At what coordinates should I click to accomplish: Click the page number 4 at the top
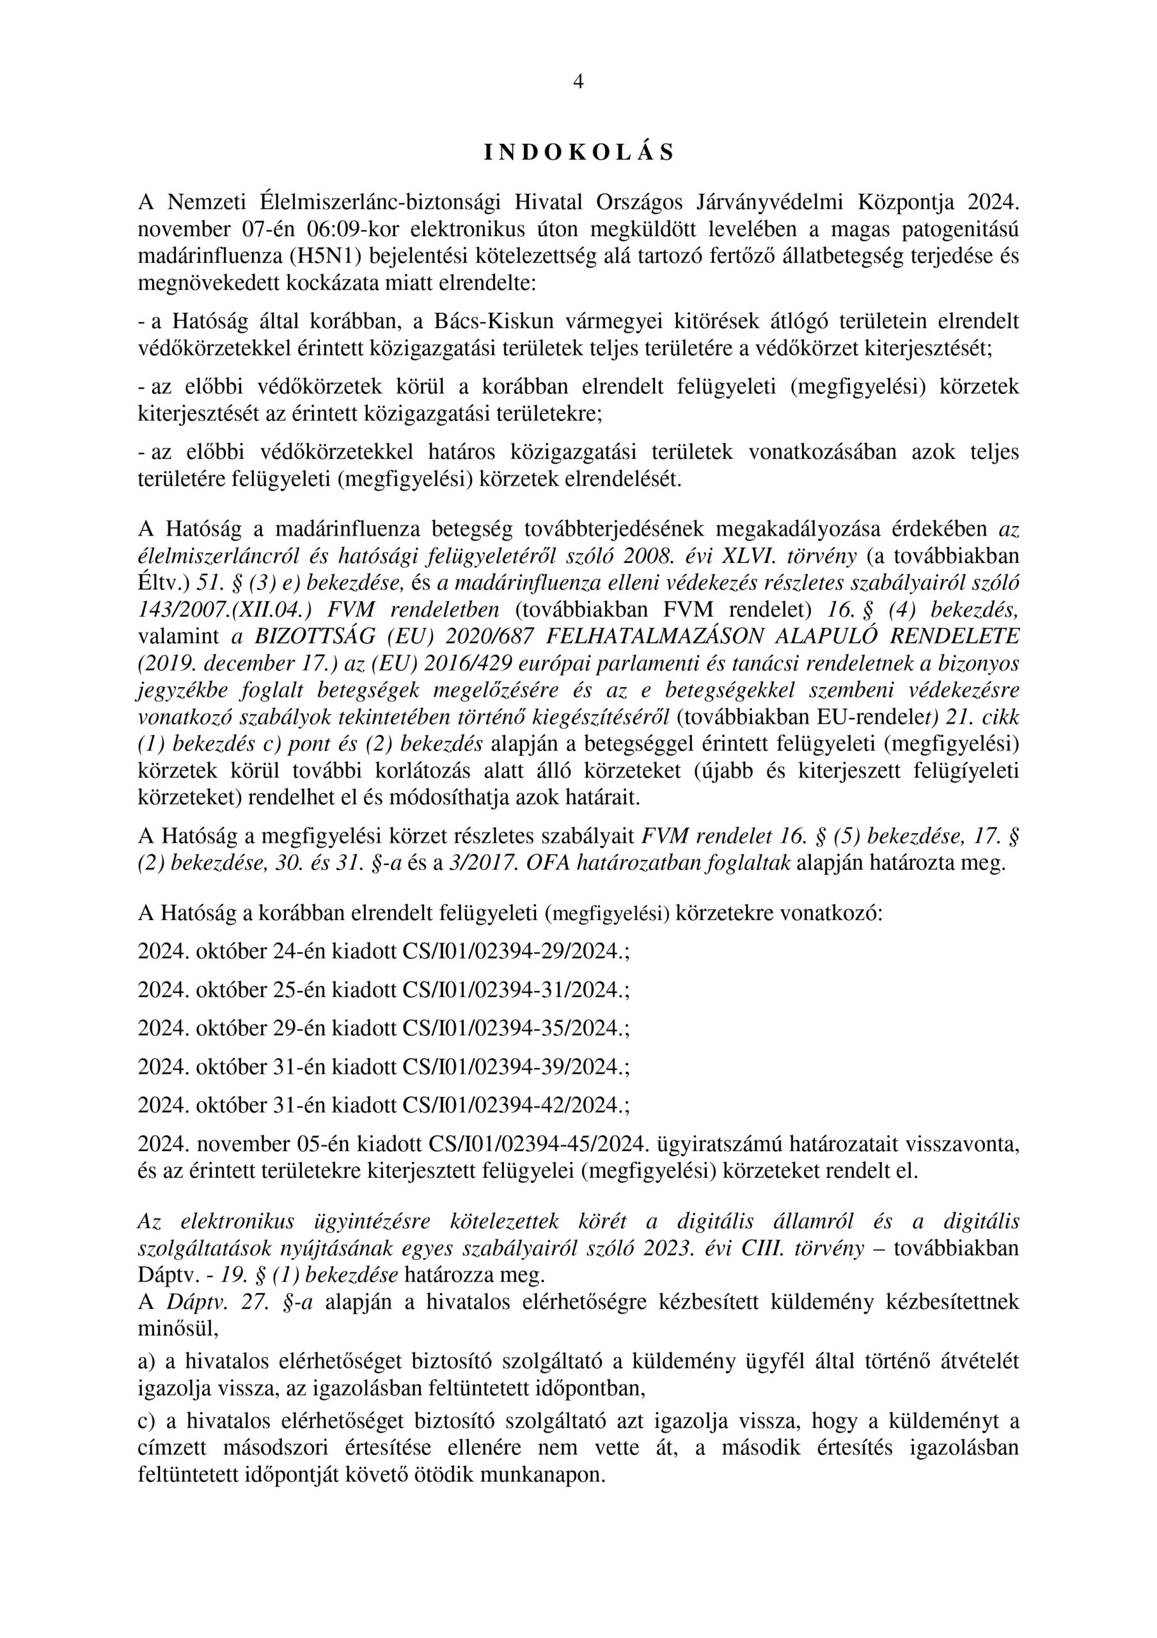click(578, 83)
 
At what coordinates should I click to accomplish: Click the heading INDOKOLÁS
click(578, 153)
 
